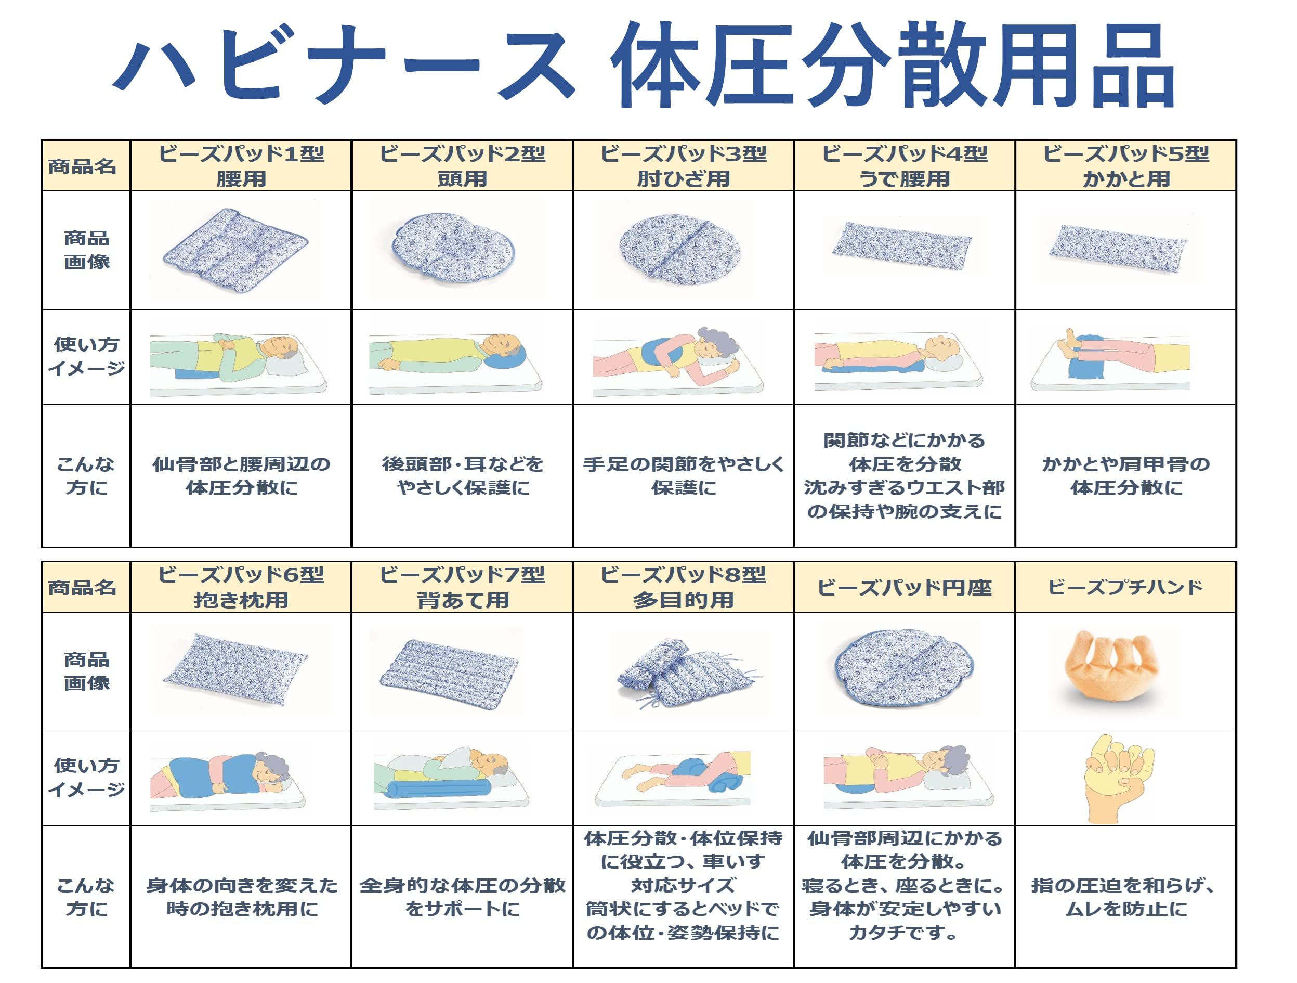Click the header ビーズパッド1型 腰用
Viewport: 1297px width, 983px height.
click(241, 166)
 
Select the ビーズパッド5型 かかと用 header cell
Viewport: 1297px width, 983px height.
click(1126, 166)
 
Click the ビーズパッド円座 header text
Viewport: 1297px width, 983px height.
click(904, 587)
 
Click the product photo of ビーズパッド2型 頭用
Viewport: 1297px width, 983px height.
click(454, 249)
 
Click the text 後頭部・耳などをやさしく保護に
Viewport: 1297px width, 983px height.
click(463, 476)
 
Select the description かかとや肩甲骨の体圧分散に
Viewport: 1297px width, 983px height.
click(1126, 476)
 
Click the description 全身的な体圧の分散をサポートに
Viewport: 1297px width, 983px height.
click(463, 897)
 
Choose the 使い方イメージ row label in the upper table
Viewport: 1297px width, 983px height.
click(86, 356)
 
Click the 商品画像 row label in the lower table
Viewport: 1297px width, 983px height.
click(86, 671)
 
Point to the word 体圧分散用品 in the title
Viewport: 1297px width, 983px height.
click(891, 66)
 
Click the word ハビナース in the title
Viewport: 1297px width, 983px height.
click(343, 66)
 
